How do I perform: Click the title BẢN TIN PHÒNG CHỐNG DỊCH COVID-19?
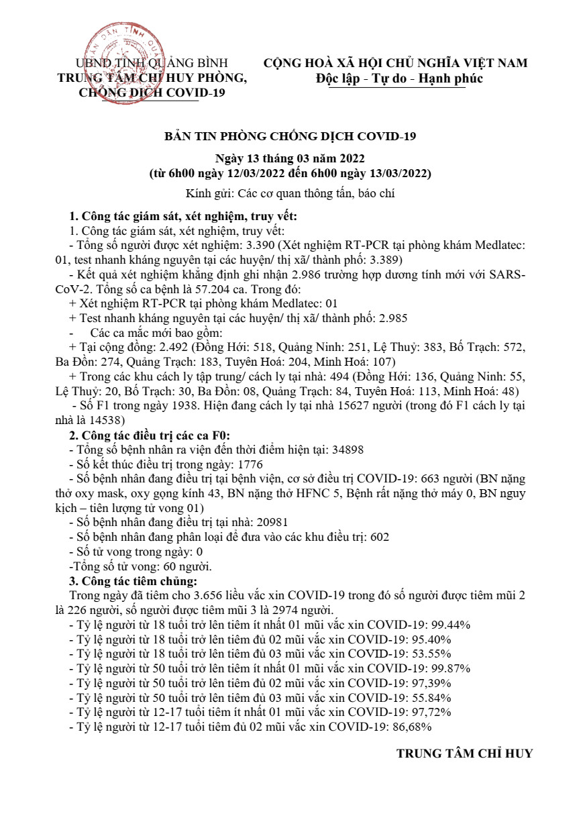(290, 137)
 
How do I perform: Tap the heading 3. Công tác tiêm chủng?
(133, 581)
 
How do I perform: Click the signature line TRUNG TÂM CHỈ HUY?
(464, 754)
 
